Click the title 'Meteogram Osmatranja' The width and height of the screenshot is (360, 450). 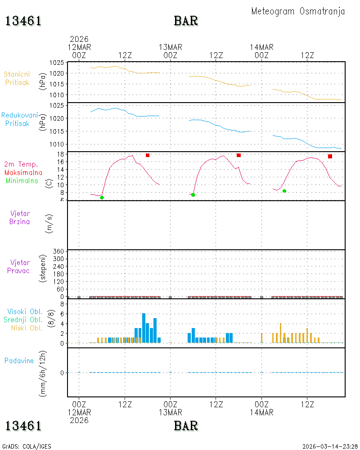pos(298,12)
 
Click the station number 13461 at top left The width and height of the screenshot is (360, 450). pos(23,21)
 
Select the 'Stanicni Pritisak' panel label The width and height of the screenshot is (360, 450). pos(17,78)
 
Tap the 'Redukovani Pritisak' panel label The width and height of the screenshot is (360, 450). pos(19,119)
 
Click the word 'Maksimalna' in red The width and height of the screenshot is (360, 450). pos(23,173)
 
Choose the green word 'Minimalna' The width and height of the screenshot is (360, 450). pos(22,181)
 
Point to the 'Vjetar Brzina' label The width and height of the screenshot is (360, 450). pos(19,217)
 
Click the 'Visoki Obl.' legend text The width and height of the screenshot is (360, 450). pos(25,312)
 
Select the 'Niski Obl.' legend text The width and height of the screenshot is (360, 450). pos(27,328)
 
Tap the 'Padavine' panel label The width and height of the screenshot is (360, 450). pos(19,361)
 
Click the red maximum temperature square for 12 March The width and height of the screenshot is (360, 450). pos(148,155)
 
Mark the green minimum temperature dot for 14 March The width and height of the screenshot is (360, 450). pos(284,191)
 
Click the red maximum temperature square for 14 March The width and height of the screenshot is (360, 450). pos(330,157)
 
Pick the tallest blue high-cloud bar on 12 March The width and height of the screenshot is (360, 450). pos(144,328)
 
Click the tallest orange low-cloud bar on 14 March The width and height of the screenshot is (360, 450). pos(280,333)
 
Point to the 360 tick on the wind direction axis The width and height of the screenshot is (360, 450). pos(58,252)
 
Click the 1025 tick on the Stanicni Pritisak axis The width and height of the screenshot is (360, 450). pos(57,63)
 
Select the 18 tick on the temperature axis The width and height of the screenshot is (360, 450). pos(60,154)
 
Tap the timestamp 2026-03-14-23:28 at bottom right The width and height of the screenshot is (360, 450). pos(330,446)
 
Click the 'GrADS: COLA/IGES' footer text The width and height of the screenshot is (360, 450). pos(27,446)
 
